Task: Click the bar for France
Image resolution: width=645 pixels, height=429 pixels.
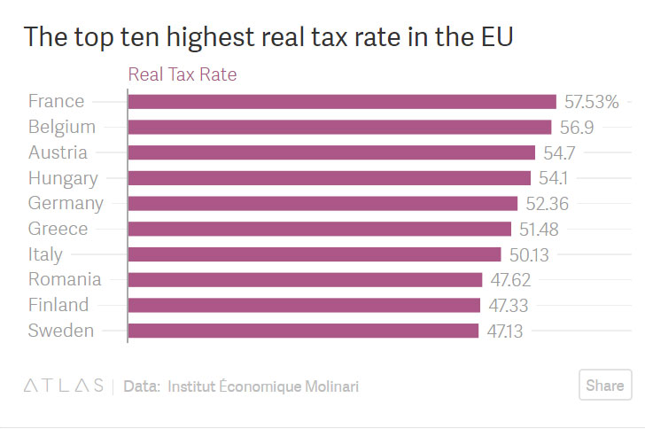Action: [x=342, y=102]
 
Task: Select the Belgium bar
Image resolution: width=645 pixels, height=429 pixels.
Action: [x=339, y=128]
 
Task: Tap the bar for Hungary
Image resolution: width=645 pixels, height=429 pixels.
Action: [x=329, y=178]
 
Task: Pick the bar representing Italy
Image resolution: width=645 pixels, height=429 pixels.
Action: [x=315, y=254]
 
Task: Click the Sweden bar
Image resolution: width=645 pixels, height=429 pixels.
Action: [x=303, y=331]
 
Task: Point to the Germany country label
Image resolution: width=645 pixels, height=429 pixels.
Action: [x=66, y=203]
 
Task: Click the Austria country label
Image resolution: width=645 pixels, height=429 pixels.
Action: [x=58, y=152]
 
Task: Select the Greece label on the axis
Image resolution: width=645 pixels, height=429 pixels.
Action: [x=58, y=229]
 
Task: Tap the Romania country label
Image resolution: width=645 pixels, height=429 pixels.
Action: [x=65, y=280]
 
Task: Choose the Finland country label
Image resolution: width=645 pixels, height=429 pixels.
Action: [x=58, y=305]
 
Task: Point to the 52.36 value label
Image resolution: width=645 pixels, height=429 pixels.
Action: [x=546, y=203]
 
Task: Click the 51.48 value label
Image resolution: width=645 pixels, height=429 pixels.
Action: [x=539, y=229]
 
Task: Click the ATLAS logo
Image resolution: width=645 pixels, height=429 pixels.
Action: [x=62, y=386]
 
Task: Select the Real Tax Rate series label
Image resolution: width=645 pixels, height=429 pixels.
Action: [x=183, y=74]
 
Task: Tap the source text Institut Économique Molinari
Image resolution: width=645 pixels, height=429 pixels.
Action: [x=263, y=386]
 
